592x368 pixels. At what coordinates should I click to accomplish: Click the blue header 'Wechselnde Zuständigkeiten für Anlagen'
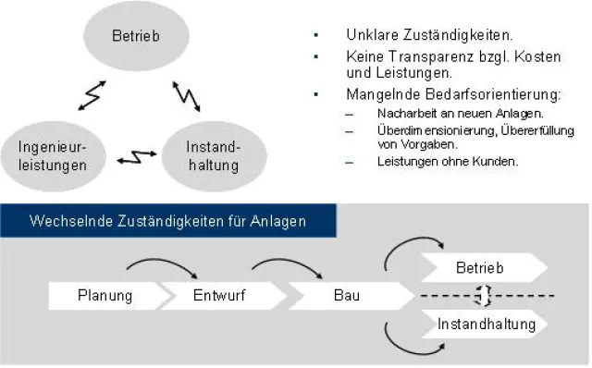[x=167, y=221]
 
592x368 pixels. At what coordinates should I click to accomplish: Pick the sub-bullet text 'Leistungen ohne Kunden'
[x=447, y=161]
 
